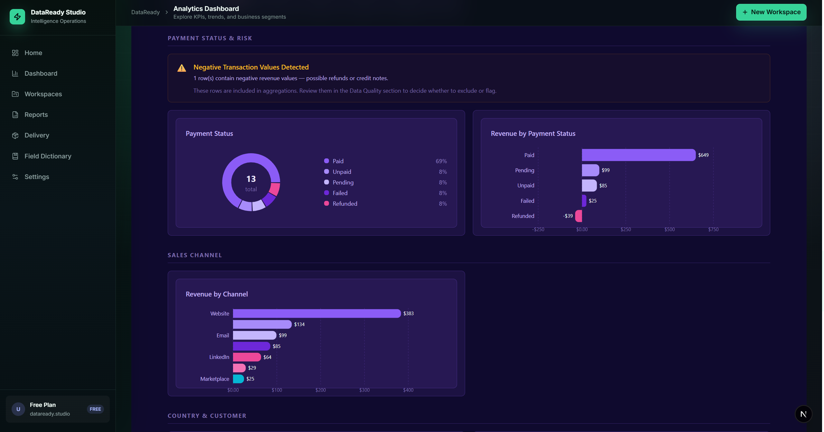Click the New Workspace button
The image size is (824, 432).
click(771, 12)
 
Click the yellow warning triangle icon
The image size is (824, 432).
click(182, 68)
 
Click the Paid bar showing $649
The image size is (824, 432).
click(638, 155)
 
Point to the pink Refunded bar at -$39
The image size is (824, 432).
click(579, 216)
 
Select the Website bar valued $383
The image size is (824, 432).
click(317, 314)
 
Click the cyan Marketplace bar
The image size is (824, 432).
click(238, 379)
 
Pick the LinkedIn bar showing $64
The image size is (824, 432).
click(247, 357)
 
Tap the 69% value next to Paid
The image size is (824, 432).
click(441, 161)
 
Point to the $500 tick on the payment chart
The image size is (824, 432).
click(669, 230)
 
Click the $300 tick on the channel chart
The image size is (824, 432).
click(364, 390)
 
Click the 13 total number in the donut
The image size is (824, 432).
click(251, 179)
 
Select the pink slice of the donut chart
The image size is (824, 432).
click(275, 189)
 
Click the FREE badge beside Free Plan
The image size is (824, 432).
click(95, 409)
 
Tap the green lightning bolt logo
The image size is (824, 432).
click(17, 17)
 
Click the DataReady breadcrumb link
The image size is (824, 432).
click(145, 12)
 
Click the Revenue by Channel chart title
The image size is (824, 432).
click(217, 294)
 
